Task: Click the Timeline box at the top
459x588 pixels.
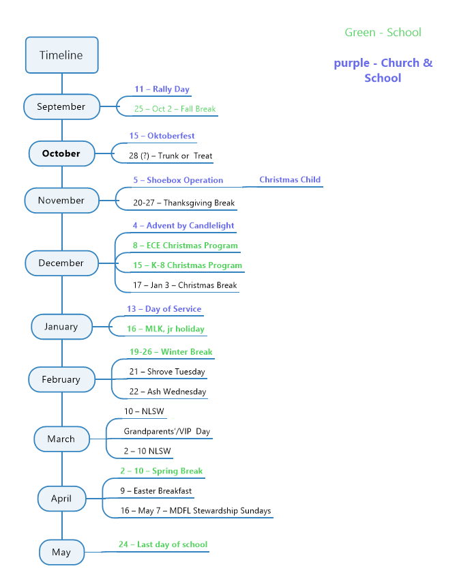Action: point(62,55)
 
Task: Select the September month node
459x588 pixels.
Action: point(62,107)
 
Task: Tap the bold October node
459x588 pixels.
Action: point(62,153)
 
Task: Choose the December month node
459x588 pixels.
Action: point(62,263)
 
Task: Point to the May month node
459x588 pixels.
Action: point(62,552)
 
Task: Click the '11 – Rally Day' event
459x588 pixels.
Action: point(162,89)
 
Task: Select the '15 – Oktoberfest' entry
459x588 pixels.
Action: point(162,136)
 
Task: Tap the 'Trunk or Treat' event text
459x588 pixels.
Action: point(171,156)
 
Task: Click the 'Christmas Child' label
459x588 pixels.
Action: point(290,179)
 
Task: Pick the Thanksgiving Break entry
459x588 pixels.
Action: point(183,203)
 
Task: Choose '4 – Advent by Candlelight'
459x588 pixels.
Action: point(183,226)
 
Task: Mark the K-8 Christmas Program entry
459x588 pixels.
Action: point(188,265)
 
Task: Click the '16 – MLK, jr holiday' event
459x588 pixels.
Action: point(166,329)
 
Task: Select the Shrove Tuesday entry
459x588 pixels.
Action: point(167,372)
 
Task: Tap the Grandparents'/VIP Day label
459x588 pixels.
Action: point(167,431)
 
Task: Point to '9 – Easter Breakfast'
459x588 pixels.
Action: point(156,491)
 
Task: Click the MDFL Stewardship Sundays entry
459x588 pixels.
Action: point(196,511)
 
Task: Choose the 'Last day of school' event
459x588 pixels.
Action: point(163,544)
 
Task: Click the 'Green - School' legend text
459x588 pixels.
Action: point(383,33)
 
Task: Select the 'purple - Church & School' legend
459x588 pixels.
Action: point(383,70)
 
